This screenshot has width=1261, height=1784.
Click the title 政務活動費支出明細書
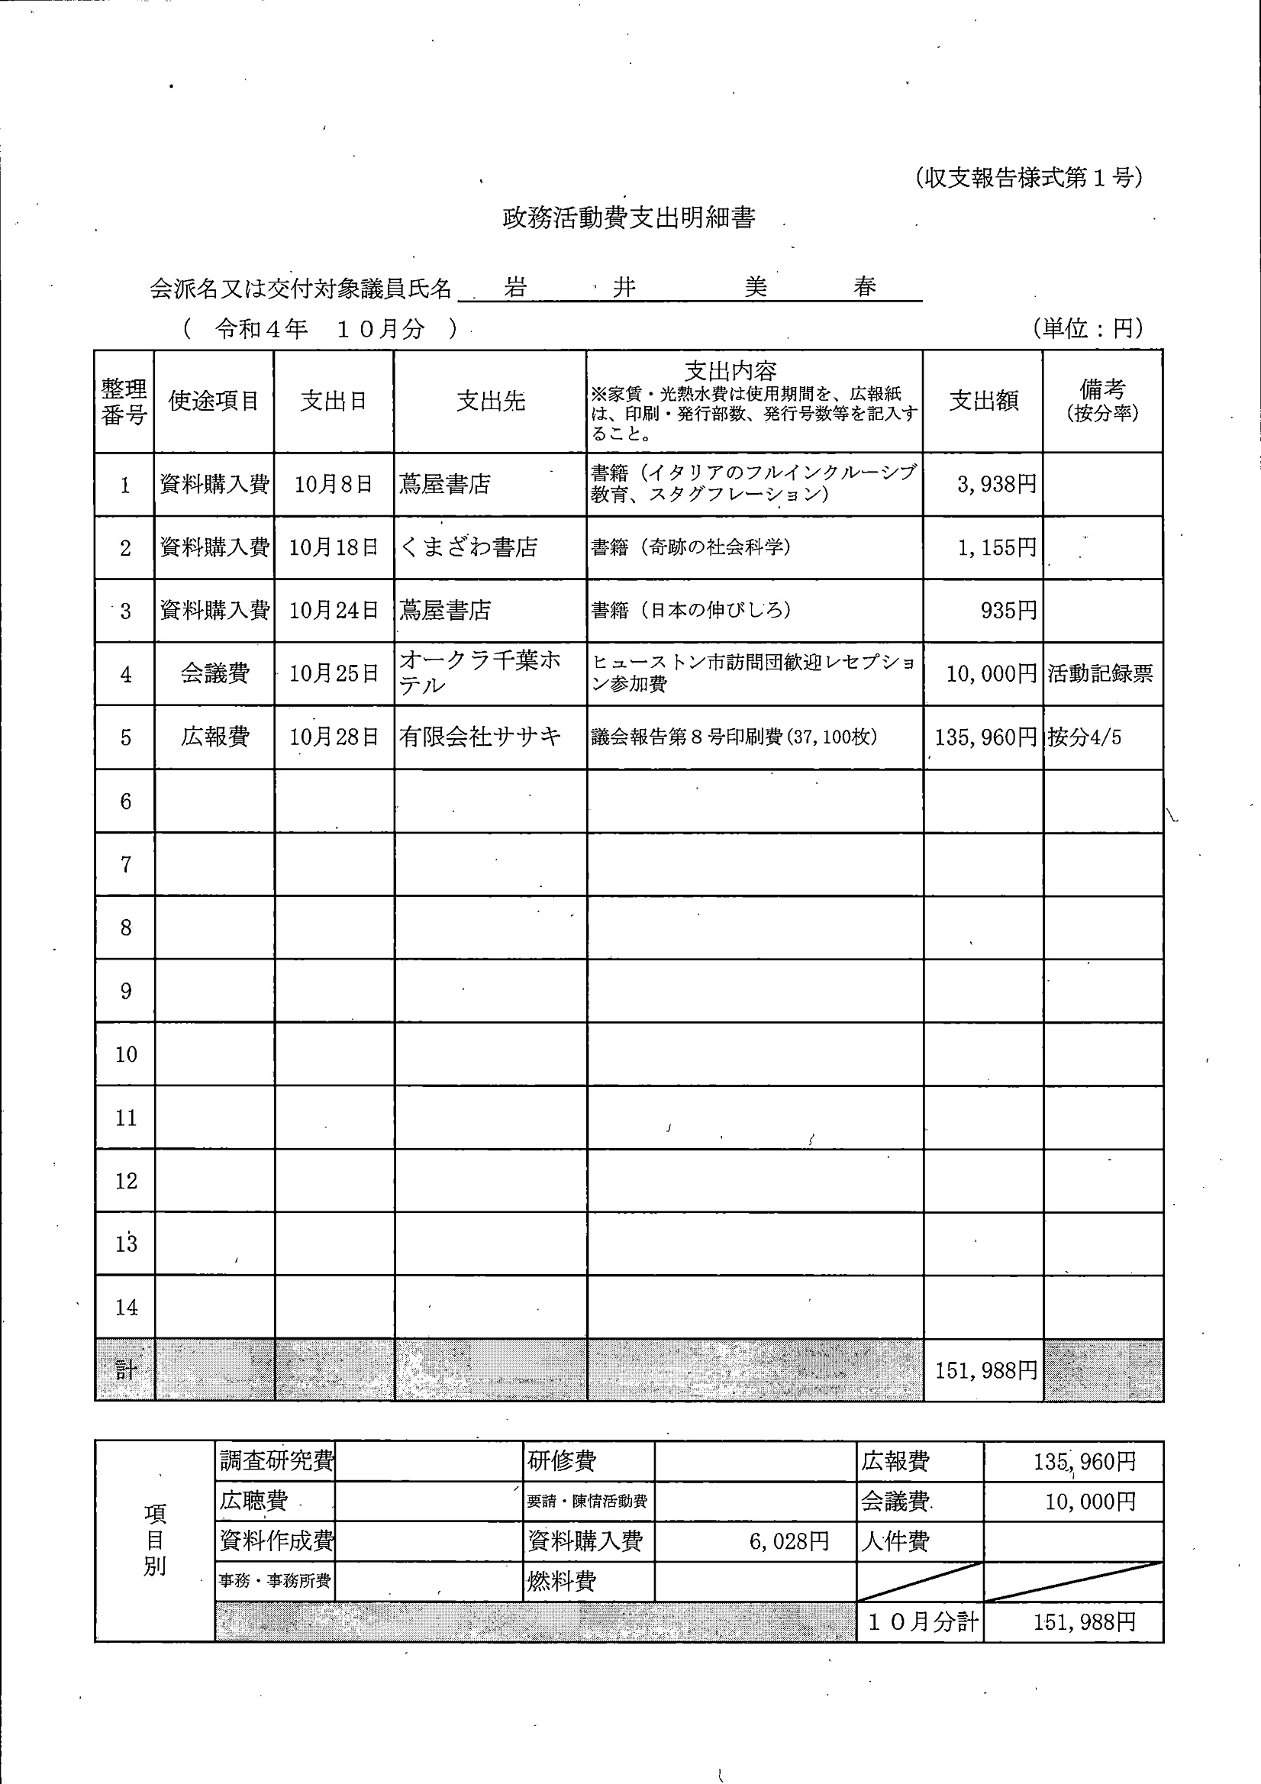coord(628,218)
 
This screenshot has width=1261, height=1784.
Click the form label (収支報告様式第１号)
coord(1027,178)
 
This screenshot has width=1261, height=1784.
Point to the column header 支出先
coord(490,401)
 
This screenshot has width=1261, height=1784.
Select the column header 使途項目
coord(214,401)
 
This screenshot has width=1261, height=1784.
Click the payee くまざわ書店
coord(469,548)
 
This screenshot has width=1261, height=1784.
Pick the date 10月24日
coord(334,611)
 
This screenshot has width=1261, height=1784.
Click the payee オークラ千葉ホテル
coord(479,673)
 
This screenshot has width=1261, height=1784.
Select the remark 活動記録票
coord(1100,673)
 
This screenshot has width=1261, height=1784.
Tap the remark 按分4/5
coord(1085,737)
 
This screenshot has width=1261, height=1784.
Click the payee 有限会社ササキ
coord(480,737)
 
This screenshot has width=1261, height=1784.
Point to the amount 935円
coord(1008,611)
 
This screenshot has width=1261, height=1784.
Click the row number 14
coord(126,1308)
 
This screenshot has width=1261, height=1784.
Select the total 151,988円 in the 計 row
coord(985,1371)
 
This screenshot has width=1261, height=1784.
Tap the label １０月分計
coord(921,1621)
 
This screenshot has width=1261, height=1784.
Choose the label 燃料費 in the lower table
coord(562,1582)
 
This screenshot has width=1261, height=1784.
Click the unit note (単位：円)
coord(1088,329)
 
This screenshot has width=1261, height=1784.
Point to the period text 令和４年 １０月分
coord(320,330)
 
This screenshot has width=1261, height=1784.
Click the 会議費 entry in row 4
coord(214,673)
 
